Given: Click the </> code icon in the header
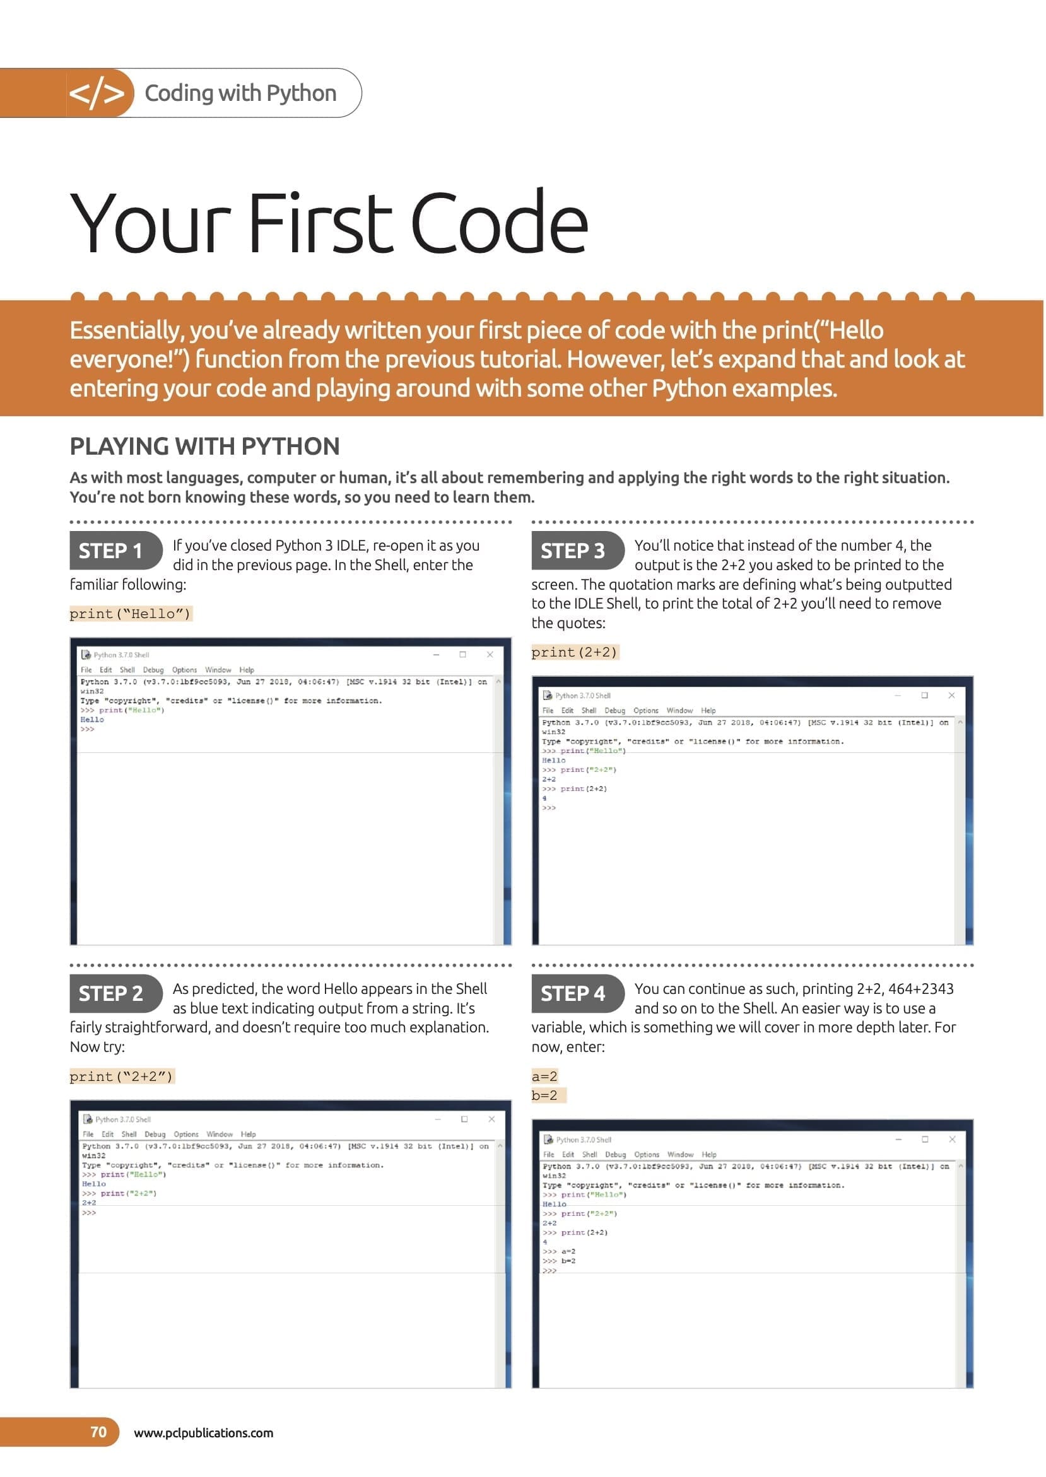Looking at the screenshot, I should coord(97,93).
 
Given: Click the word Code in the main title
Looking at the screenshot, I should coord(498,222).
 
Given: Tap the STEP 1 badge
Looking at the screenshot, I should coord(111,551).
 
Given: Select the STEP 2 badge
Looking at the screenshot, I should coord(111,993).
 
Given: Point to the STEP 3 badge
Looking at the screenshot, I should coord(573,551).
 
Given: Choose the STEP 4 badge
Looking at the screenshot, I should coord(573,993).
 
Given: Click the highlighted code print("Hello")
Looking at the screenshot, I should coord(130,614).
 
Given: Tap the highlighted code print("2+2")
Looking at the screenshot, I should coord(121,1077).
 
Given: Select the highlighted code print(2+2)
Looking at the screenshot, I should coord(574,652).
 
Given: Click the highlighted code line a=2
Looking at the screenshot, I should coord(544,1076).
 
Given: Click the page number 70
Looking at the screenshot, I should coord(98,1432).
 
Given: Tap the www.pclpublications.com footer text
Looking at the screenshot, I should coord(204,1433).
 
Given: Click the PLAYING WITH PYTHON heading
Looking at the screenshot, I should coord(204,447).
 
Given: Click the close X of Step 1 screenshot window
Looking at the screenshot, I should coord(490,654).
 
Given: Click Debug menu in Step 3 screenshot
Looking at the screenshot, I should coord(614,710).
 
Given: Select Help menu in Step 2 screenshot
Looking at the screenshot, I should coord(248,1134).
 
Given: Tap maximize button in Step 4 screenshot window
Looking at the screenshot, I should coord(925,1139).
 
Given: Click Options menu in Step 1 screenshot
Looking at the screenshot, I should coord(184,670).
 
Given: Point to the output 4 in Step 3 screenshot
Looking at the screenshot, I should coord(544,798).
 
